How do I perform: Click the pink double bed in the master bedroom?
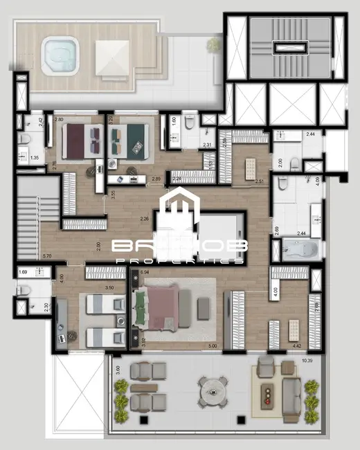(161, 307)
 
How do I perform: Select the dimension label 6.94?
(145, 273)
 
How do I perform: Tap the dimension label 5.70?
(47, 255)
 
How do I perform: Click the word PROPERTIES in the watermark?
(179, 261)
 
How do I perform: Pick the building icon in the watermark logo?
(179, 206)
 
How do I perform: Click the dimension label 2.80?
(59, 120)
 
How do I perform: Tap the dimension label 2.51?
(259, 181)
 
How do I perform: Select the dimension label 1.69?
(23, 273)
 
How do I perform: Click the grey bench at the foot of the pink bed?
(203, 309)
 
